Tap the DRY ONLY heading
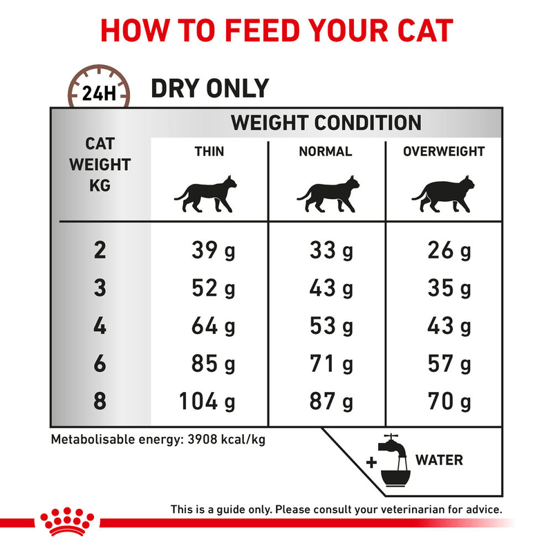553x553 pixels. pyautogui.click(x=209, y=88)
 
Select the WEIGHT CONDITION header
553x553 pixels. pyautogui.click(x=326, y=123)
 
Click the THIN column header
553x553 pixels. pyautogui.click(x=209, y=151)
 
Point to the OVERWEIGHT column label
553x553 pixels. pyautogui.click(x=444, y=151)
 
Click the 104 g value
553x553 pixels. pyautogui.click(x=207, y=402)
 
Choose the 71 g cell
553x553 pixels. pyautogui.click(x=331, y=364)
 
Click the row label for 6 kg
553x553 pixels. pyautogui.click(x=100, y=364)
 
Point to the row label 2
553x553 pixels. pyautogui.click(x=100, y=251)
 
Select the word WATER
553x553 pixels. pyautogui.click(x=439, y=460)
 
